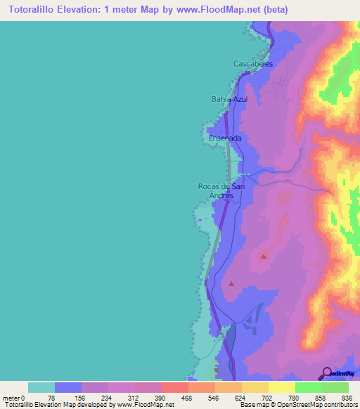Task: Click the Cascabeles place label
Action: click(x=252, y=63)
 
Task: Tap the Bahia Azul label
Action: click(x=230, y=99)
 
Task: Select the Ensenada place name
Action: click(x=225, y=138)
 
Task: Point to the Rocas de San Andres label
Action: click(x=221, y=190)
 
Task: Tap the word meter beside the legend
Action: click(x=10, y=398)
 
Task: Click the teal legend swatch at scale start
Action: click(x=41, y=387)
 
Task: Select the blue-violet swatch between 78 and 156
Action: click(x=68, y=387)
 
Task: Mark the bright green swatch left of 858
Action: click(x=309, y=387)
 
